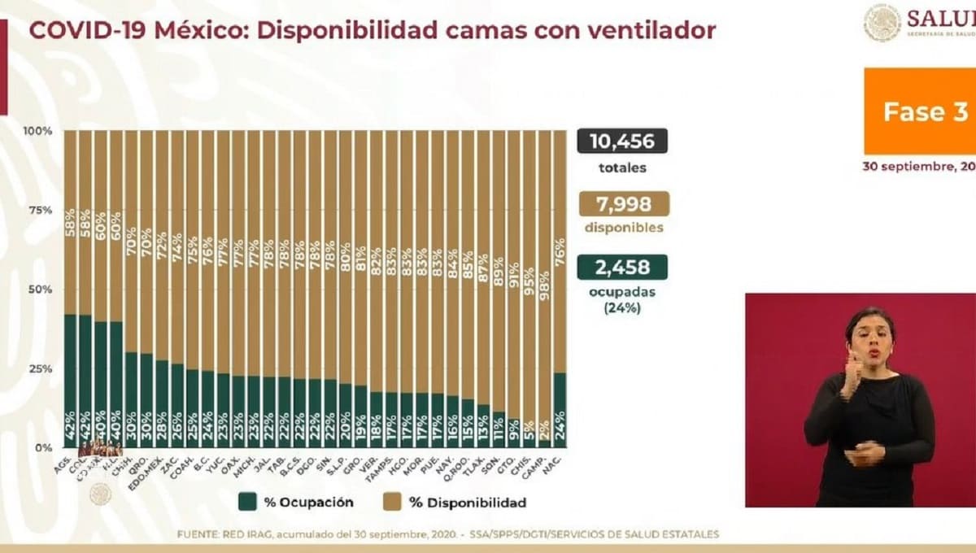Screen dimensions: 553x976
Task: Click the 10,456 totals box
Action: point(622,142)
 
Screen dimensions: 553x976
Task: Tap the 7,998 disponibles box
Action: point(624,203)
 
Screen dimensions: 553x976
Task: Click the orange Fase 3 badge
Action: point(920,111)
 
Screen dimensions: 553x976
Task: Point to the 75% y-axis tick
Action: point(38,210)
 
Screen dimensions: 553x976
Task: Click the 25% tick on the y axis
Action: point(38,368)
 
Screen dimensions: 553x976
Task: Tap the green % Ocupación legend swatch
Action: point(247,502)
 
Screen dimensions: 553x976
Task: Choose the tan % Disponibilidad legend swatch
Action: point(393,502)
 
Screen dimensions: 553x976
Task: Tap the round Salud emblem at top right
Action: point(882,22)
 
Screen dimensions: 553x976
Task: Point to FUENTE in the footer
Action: point(198,534)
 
